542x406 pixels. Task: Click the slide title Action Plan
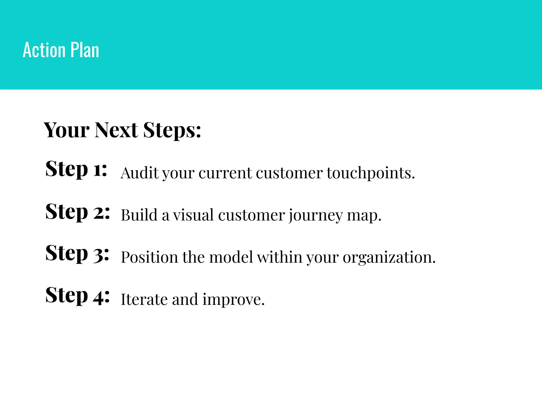pos(61,50)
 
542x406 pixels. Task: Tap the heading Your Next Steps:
pos(122,130)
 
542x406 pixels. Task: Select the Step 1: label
pos(76,169)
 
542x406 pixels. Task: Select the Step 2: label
pos(77,212)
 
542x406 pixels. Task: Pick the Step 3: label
pos(77,253)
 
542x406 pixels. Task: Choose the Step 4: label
pos(77,296)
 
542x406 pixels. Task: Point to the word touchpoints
pos(371,173)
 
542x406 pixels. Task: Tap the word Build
pos(139,215)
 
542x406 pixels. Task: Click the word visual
pos(193,215)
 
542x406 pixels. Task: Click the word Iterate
pos(144,299)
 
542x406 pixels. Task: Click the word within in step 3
pos(279,257)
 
